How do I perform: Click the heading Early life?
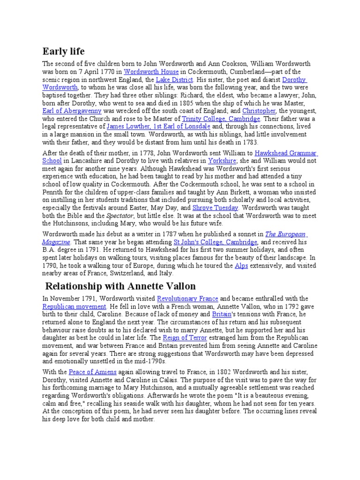[63, 51]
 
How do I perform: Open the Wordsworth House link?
[151, 72]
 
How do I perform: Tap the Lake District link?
[174, 80]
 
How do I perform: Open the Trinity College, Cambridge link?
[227, 119]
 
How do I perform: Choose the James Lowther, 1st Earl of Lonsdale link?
[158, 127]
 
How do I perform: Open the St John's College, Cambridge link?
[216, 242]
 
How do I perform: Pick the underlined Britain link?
[222, 314]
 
